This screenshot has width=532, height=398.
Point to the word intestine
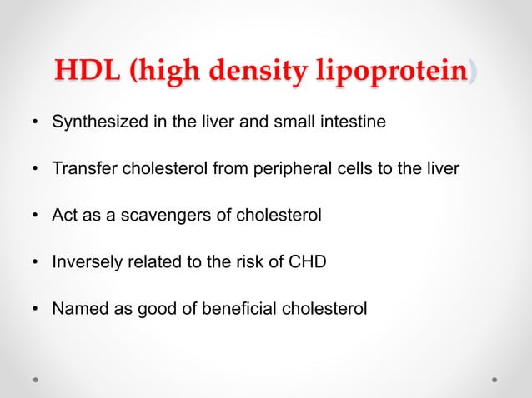(354, 123)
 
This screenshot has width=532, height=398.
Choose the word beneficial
(232, 309)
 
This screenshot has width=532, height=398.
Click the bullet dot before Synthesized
(36, 124)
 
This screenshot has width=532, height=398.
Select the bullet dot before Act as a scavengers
(36, 216)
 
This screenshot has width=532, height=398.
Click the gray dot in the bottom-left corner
(36, 380)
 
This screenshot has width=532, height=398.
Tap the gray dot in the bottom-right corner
(495, 380)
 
